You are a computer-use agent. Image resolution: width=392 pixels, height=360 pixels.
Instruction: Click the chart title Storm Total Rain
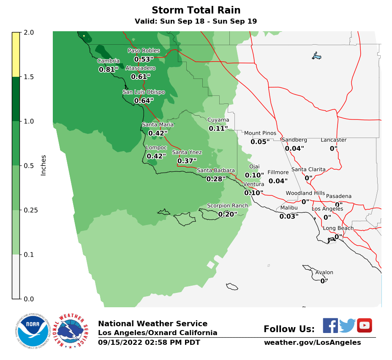coord(196,10)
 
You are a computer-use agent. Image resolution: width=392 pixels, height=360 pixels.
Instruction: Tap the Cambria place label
coord(108,61)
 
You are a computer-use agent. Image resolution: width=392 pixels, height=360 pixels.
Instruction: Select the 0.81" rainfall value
coord(108,70)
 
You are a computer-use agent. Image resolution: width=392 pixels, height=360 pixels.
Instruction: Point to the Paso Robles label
coord(144,51)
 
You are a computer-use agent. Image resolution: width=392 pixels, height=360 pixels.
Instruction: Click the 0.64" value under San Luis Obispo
coord(144,100)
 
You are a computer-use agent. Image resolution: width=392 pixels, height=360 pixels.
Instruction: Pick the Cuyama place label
coord(218,120)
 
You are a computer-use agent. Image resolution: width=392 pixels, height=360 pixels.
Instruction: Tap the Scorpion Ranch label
coord(227,206)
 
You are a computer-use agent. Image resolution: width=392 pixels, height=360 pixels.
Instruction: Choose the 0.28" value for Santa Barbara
coord(215,179)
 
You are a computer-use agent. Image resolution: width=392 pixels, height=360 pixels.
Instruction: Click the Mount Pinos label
coord(260,133)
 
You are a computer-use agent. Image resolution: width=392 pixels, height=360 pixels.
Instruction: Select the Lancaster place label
coord(333,140)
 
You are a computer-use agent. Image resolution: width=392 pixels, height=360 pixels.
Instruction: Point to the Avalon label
coord(324,273)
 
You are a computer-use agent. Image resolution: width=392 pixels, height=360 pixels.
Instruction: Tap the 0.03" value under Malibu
coord(289,217)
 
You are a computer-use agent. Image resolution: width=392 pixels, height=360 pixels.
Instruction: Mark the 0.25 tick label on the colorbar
coord(30,210)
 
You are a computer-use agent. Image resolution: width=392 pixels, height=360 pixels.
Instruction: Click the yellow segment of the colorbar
coord(16,54)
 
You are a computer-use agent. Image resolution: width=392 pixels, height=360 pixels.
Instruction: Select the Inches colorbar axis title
coord(44,165)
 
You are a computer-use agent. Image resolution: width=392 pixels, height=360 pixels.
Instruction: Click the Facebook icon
coord(330,325)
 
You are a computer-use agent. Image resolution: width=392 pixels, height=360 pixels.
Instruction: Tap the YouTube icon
coord(364,325)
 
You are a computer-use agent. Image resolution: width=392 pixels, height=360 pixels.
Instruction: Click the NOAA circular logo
coord(33,330)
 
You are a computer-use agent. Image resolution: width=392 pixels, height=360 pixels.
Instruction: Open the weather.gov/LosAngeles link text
coord(312,342)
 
